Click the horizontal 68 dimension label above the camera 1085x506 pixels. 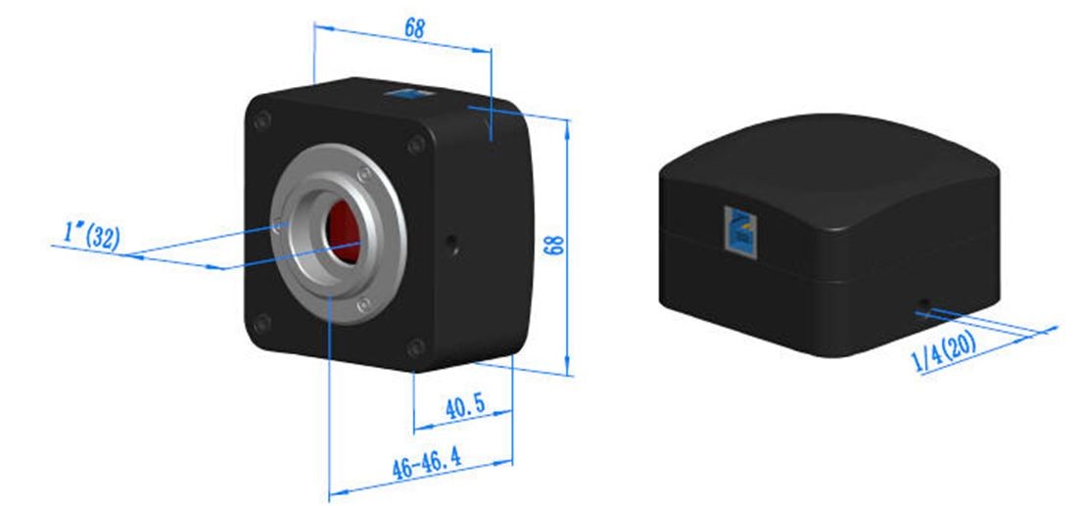pyautogui.click(x=414, y=28)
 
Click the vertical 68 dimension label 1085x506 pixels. pyautogui.click(x=554, y=245)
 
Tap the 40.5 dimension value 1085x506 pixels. pyautogui.click(x=464, y=408)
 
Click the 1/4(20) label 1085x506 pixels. pyautogui.click(x=943, y=351)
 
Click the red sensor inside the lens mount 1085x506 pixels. pyautogui.click(x=344, y=232)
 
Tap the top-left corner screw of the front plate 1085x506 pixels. pyautogui.click(x=261, y=121)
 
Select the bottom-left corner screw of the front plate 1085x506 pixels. pyautogui.click(x=261, y=323)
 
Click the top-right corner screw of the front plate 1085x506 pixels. pyautogui.click(x=416, y=145)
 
